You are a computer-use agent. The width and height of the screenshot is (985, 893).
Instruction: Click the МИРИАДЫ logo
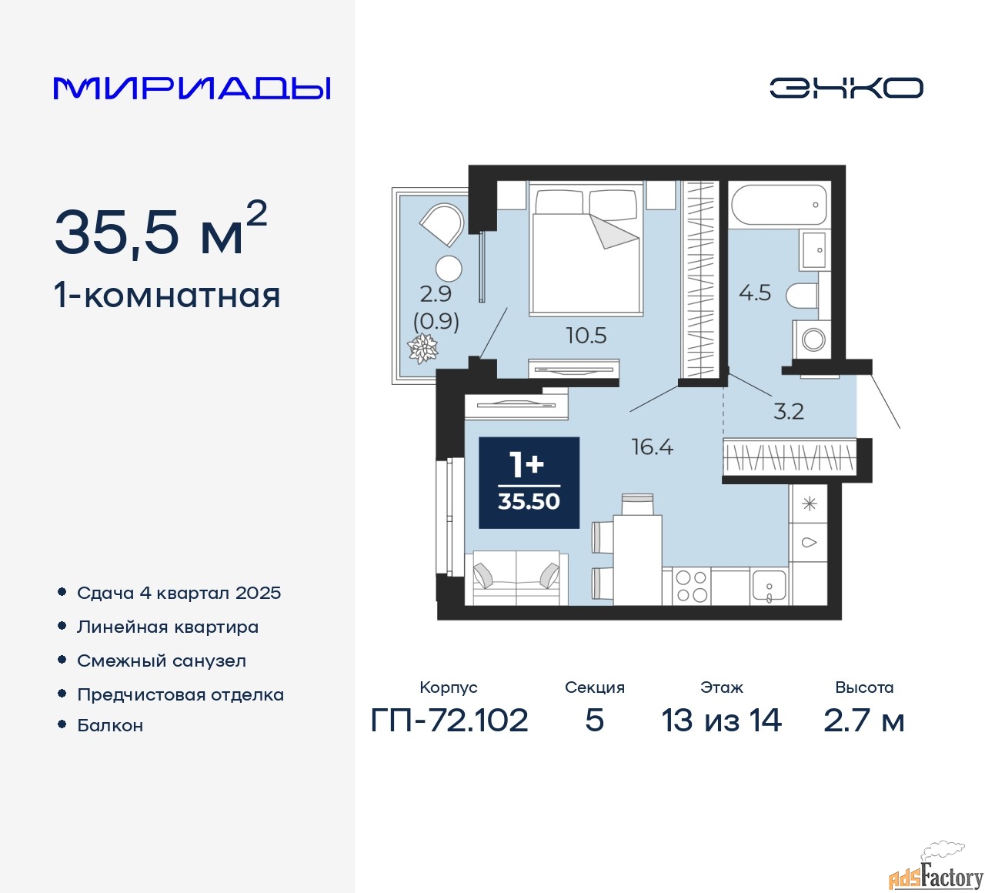pyautogui.click(x=192, y=89)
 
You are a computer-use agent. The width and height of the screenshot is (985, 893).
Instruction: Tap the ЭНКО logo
pyautogui.click(x=846, y=88)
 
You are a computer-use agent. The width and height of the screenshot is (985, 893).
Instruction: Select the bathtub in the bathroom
pyautogui.click(x=779, y=204)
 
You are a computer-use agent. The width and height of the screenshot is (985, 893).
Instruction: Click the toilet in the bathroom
pyautogui.click(x=801, y=296)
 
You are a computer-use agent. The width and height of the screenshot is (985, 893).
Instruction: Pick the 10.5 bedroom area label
pyautogui.click(x=586, y=336)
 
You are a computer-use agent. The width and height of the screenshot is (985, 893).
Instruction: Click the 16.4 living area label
pyautogui.click(x=653, y=447)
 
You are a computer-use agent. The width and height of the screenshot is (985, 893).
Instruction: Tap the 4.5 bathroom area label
pyautogui.click(x=755, y=293)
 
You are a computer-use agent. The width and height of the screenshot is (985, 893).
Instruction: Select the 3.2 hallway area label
pyautogui.click(x=789, y=411)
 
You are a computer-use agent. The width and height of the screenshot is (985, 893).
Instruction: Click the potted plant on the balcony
pyautogui.click(x=422, y=348)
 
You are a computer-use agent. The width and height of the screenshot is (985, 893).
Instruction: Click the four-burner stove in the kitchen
pyautogui.click(x=691, y=587)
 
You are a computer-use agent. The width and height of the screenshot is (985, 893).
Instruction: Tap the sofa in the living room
pyautogui.click(x=516, y=577)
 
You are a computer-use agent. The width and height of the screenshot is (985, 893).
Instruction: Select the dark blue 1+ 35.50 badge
pyautogui.click(x=529, y=483)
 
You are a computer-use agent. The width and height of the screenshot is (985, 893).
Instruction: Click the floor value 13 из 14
pyautogui.click(x=721, y=720)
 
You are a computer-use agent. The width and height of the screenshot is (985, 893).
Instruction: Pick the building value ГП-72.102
pyautogui.click(x=449, y=720)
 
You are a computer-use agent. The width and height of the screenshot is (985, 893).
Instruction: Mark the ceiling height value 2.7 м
pyautogui.click(x=863, y=720)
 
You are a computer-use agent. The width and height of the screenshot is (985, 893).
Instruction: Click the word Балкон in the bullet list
pyautogui.click(x=110, y=725)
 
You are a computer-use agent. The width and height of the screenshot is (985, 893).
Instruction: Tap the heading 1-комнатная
pyautogui.click(x=168, y=296)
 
